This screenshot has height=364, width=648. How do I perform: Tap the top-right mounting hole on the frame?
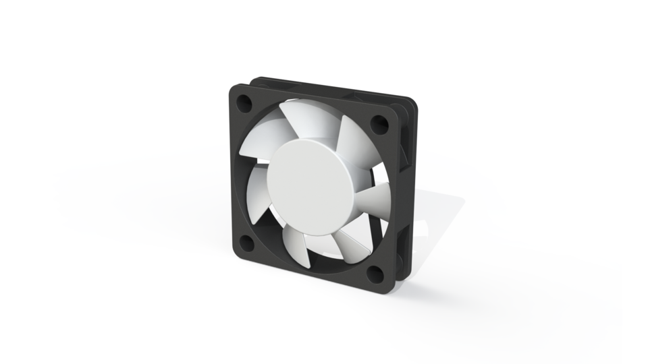pyautogui.click(x=379, y=123)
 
